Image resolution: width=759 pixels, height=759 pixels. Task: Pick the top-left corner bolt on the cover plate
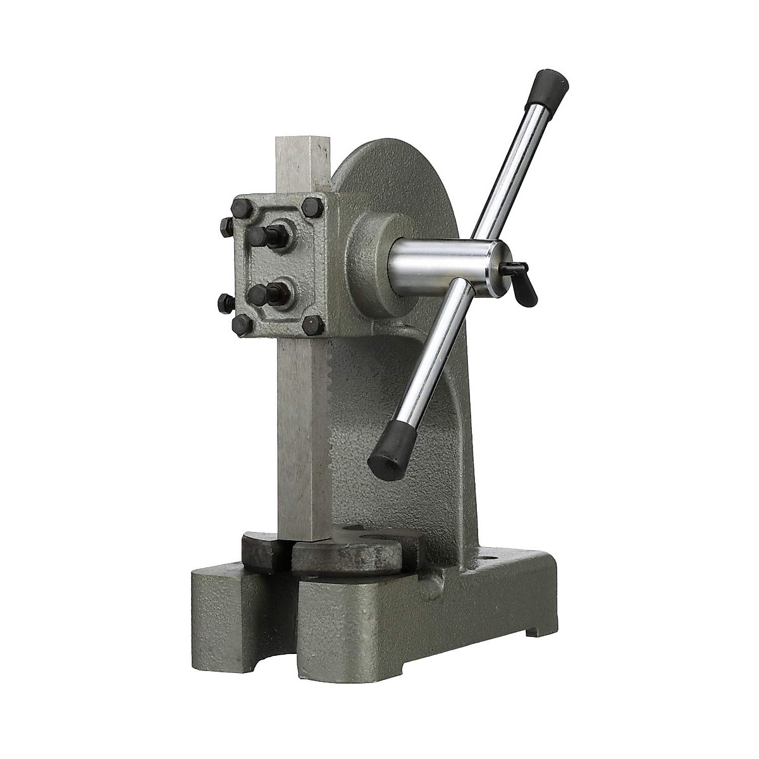point(242,207)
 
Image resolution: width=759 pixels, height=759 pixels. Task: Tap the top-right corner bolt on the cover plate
point(312,207)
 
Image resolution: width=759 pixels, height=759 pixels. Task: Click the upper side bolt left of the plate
point(226,226)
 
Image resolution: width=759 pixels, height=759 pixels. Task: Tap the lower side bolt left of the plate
point(226,303)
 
